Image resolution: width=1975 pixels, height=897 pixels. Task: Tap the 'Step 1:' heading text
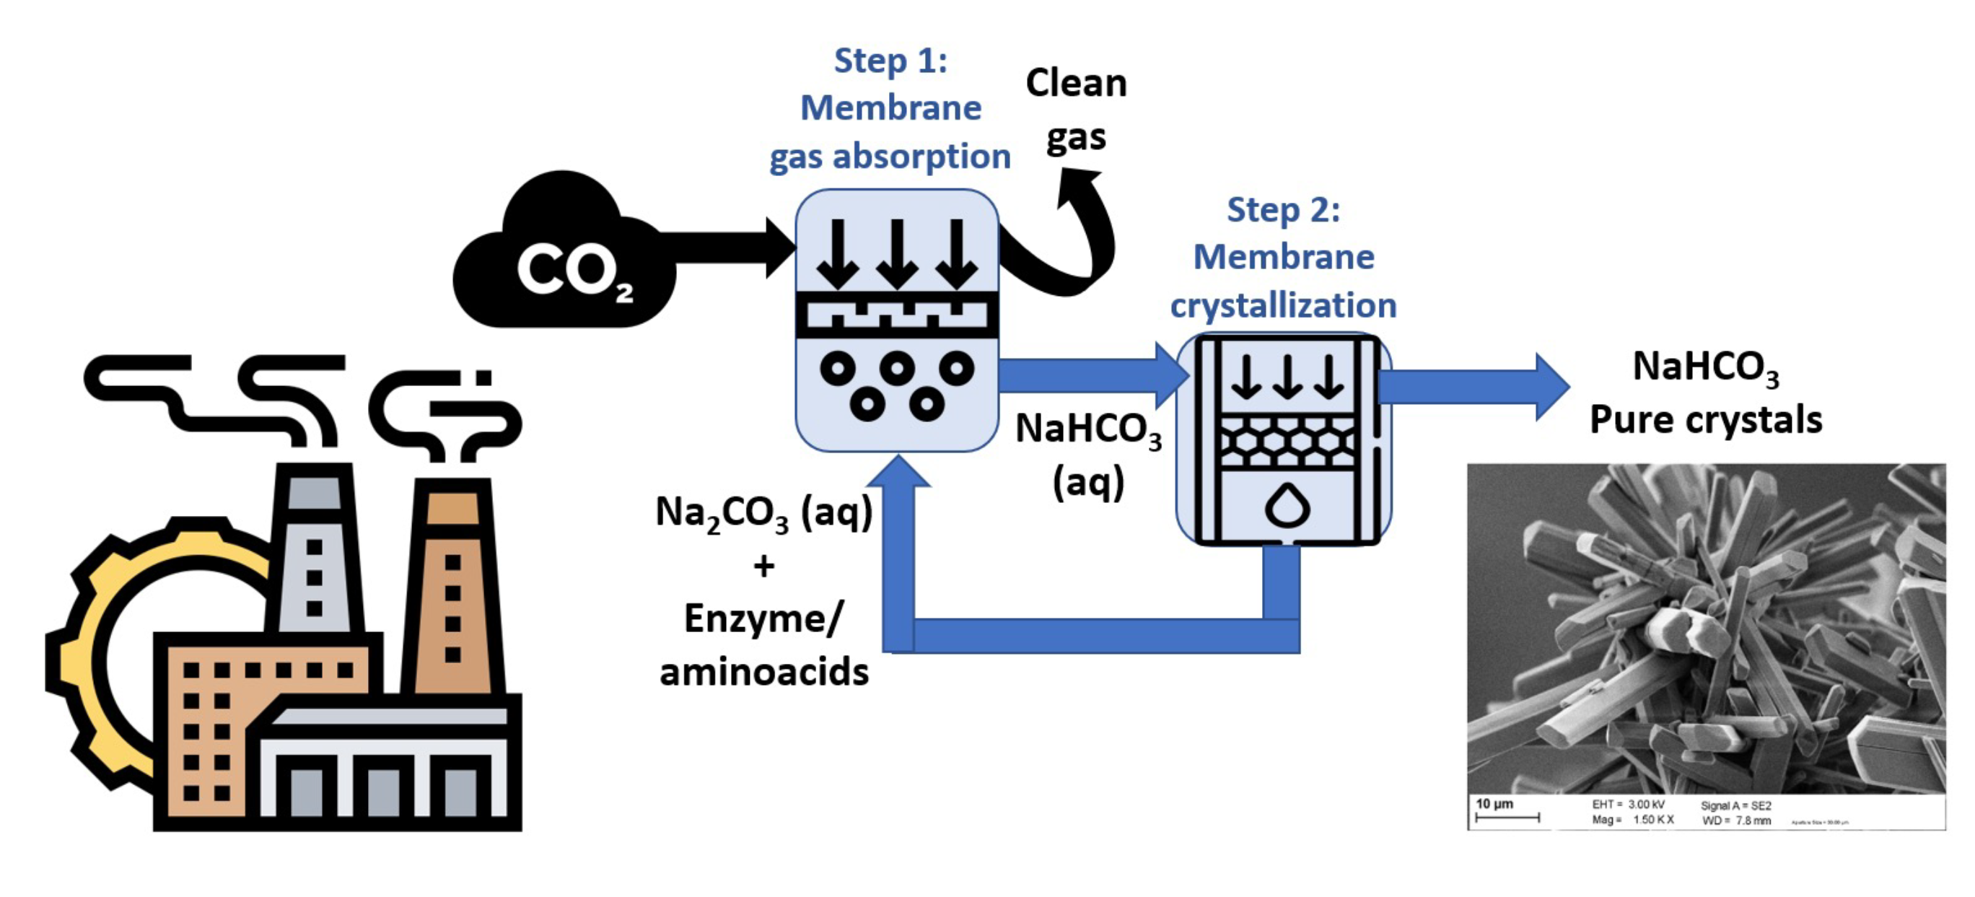pos(890,61)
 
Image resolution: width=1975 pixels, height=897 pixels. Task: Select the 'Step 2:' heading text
pos(1283,209)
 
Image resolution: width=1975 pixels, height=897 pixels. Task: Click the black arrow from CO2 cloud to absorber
pos(728,248)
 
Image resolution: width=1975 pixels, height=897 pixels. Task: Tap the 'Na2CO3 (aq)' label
pos(763,512)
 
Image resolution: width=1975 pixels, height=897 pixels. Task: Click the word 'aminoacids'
pos(763,673)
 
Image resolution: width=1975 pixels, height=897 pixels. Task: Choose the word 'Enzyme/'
pos(763,618)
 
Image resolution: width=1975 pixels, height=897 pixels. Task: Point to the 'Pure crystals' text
pos(1706,420)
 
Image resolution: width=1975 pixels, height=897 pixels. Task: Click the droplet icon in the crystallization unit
pos(1287,506)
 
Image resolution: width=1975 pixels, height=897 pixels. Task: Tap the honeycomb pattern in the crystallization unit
pos(1287,442)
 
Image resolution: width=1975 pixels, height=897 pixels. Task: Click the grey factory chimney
pos(315,552)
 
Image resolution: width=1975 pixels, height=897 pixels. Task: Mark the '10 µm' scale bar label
pos(1494,803)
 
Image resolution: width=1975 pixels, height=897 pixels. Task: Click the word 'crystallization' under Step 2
pos(1283,305)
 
